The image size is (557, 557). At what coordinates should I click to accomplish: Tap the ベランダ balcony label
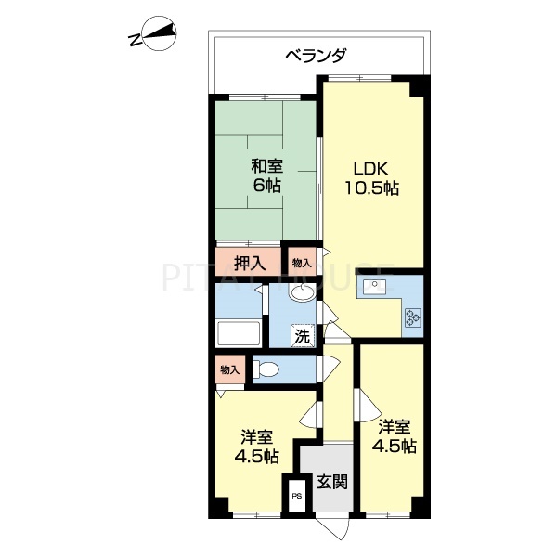(316, 57)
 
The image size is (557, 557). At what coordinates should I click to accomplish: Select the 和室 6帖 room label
(266, 175)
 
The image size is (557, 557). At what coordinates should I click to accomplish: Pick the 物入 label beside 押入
(302, 263)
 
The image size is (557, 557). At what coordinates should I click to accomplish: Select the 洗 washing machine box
(303, 335)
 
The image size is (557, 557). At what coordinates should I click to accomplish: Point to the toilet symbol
(266, 369)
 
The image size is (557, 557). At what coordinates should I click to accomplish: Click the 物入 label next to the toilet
(229, 369)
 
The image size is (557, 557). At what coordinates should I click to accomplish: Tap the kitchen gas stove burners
(412, 318)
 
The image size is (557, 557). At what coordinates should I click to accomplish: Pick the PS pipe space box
(297, 497)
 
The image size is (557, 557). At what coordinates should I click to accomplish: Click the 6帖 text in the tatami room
(266, 185)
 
